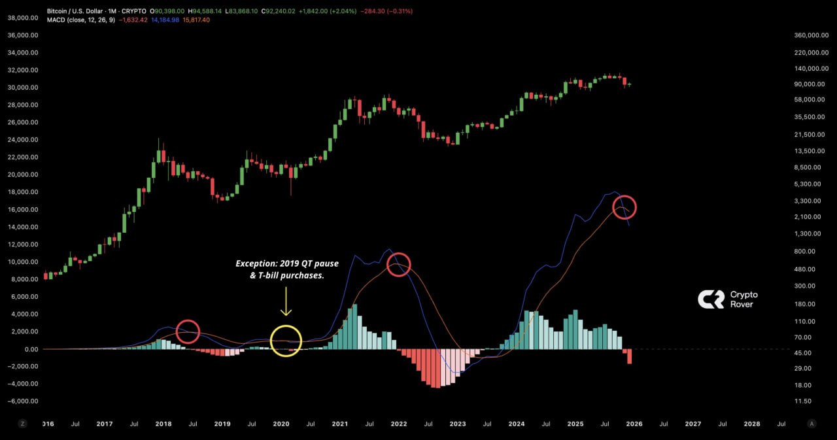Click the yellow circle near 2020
[x=286, y=341]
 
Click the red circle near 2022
[x=398, y=264]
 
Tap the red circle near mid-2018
[x=188, y=331]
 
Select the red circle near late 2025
[x=624, y=207]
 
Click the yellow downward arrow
[x=286, y=305]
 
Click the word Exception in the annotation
[x=256, y=263]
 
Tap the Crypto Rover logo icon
[x=710, y=299]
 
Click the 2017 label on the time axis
[x=105, y=424]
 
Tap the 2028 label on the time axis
[x=752, y=424]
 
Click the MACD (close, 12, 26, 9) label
[x=81, y=20]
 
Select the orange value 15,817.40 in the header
[x=196, y=20]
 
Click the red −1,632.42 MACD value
[x=134, y=20]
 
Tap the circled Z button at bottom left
[x=23, y=424]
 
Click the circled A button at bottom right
[x=811, y=424]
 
